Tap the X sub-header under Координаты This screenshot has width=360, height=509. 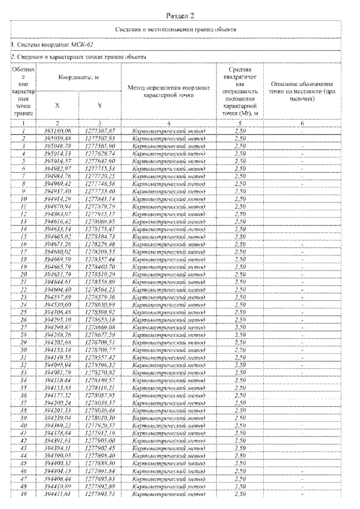57,105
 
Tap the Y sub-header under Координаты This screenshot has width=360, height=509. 98,105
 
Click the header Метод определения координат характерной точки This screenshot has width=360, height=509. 168,91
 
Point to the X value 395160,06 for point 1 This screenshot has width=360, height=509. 57,130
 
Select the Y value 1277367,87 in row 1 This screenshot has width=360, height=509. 98,130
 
